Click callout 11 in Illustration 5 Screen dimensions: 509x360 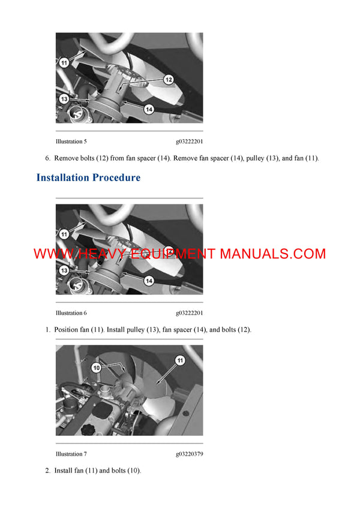[64, 62]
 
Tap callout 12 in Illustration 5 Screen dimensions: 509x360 [168, 79]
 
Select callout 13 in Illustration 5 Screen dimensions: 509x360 [64, 98]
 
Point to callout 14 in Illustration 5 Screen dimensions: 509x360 [149, 109]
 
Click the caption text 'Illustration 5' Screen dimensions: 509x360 [71, 141]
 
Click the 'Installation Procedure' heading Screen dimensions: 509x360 [88, 177]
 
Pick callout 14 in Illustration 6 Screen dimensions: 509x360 [149, 281]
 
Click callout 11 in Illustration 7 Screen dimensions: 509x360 [179, 360]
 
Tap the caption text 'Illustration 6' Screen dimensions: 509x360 [71, 313]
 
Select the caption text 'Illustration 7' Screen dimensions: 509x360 [71, 454]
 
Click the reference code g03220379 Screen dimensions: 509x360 [190, 454]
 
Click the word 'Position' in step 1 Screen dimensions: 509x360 [67, 330]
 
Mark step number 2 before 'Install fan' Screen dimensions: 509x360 [47, 471]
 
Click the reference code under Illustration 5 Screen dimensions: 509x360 [190, 141]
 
